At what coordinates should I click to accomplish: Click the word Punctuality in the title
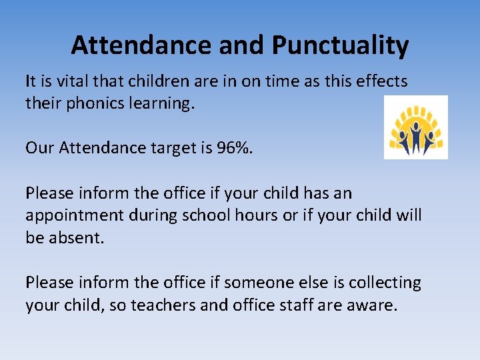coord(340,46)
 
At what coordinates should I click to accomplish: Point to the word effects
coord(379,81)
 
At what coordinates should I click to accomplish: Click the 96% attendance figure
coord(235,147)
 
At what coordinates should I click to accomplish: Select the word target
coord(180,147)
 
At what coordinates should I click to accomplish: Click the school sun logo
coord(416,127)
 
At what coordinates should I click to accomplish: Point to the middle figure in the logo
coord(416,137)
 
